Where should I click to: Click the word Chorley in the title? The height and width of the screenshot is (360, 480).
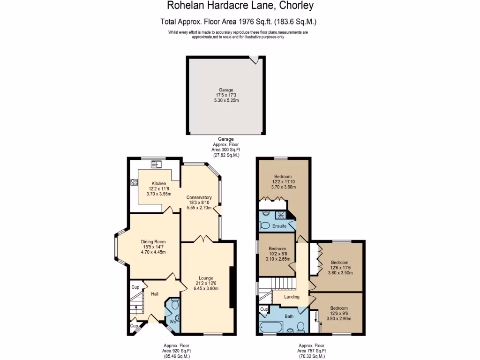tap(296, 6)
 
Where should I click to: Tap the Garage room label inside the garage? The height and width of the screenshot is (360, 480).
tap(226, 90)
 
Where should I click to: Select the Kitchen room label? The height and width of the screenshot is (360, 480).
tap(159, 183)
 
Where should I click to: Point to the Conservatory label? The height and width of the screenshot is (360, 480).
tap(199, 197)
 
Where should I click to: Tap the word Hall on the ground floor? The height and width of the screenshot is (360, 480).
tap(154, 294)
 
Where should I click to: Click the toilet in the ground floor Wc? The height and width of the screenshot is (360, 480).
tap(174, 305)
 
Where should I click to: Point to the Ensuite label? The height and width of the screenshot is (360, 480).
tap(280, 226)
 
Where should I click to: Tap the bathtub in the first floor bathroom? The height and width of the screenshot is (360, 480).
tap(271, 326)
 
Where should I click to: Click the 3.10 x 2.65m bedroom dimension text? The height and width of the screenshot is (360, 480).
tap(277, 258)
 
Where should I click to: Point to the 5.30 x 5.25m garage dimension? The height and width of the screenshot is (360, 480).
tap(226, 101)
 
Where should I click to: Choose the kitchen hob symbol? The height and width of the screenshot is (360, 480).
tap(134, 182)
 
